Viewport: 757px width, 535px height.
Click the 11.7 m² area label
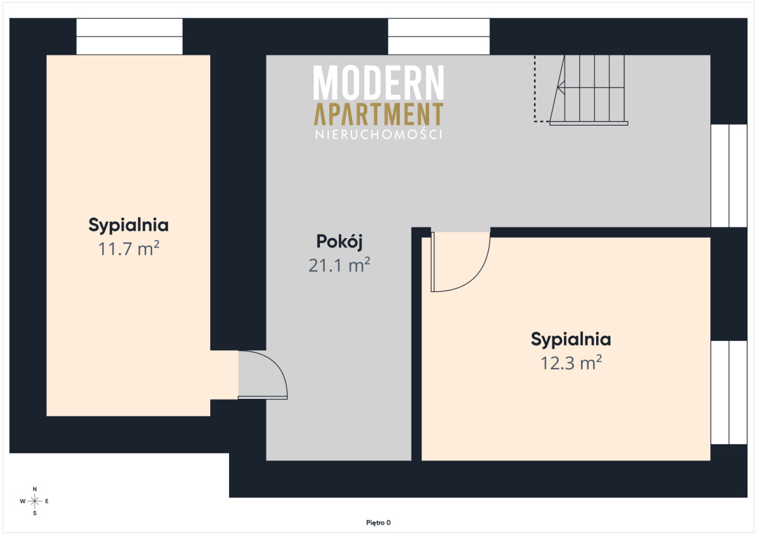click(x=129, y=248)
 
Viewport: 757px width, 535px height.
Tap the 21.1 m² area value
click(x=339, y=265)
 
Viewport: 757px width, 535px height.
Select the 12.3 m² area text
click(x=571, y=363)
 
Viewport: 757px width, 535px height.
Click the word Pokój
click(x=339, y=242)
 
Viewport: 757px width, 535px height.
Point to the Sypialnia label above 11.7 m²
click(x=129, y=225)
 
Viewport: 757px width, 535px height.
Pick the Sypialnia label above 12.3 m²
click(x=571, y=339)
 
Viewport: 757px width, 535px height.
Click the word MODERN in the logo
click(x=378, y=82)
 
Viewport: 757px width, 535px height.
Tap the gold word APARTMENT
click(x=378, y=114)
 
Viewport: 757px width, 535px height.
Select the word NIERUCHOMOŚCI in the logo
click(x=378, y=134)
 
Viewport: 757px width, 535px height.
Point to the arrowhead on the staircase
click(x=561, y=88)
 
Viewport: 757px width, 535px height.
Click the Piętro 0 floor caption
click(x=378, y=523)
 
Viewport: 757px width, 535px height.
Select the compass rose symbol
click(x=35, y=501)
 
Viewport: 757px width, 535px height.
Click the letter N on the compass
click(x=35, y=489)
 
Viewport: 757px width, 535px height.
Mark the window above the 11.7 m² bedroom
click(x=129, y=37)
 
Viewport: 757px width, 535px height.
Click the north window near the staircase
click(x=438, y=37)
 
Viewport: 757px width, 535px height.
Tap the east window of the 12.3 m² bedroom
click(x=729, y=393)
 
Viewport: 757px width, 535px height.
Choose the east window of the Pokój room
click(x=729, y=176)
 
